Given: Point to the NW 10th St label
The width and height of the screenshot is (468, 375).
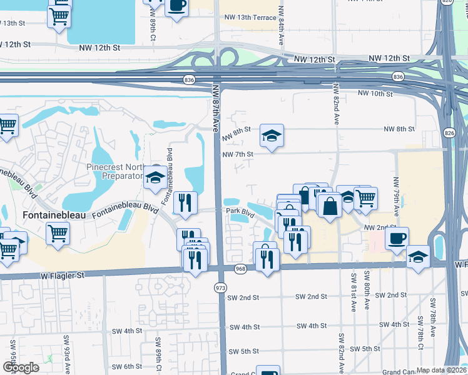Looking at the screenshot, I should coord(375,94).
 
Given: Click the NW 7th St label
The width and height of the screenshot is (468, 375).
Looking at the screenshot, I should coord(238,154).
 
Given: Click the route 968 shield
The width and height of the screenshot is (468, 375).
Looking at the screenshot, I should coord(240,269).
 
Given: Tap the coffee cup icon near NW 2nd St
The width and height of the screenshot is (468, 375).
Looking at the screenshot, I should coord(397,239).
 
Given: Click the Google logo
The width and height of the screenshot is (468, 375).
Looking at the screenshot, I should coord(20,367).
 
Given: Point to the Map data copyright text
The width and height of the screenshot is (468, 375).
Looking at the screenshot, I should coord(442,370).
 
